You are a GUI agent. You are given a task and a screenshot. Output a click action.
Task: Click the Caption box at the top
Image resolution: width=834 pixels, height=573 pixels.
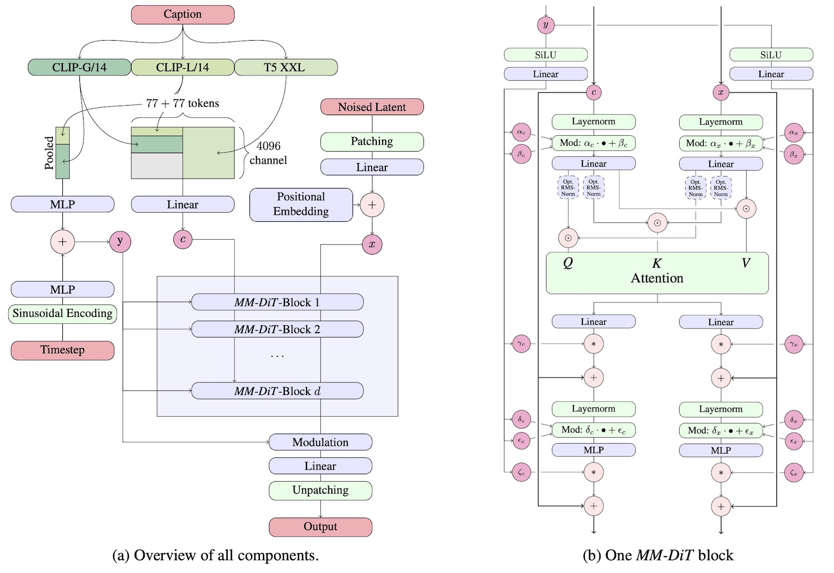click(x=182, y=14)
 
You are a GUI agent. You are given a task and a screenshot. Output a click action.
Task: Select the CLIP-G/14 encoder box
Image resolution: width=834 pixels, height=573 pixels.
click(x=79, y=68)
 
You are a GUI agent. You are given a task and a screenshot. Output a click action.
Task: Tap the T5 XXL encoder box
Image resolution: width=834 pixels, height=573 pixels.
click(x=286, y=68)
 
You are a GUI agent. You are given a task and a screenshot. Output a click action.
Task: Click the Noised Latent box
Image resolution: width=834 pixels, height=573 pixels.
click(x=372, y=107)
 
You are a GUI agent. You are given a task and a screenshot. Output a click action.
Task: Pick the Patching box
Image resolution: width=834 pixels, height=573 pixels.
click(x=372, y=142)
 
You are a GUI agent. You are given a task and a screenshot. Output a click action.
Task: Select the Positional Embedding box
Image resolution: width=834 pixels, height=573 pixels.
click(x=301, y=205)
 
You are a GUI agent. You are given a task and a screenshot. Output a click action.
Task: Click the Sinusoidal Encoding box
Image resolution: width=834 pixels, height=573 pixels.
click(x=62, y=313)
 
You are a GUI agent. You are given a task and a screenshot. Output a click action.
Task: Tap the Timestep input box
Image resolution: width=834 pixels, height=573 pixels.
click(x=62, y=350)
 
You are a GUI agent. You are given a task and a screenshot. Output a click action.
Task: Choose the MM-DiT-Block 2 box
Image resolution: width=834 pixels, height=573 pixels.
click(x=277, y=330)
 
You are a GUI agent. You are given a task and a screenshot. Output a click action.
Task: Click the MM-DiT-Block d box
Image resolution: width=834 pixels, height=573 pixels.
click(x=277, y=391)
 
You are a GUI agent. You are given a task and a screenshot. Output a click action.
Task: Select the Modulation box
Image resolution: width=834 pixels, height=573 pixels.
click(x=320, y=442)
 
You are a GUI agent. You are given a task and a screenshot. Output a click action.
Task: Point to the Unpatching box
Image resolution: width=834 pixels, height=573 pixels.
click(x=320, y=491)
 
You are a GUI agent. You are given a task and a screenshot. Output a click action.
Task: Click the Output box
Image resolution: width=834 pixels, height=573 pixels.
click(x=320, y=527)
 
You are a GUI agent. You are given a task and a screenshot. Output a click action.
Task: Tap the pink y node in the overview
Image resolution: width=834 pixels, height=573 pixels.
click(x=120, y=242)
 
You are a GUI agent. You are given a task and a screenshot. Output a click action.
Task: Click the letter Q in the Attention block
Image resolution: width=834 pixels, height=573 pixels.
click(x=568, y=263)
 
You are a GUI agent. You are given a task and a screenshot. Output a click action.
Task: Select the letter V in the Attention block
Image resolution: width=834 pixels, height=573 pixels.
click(x=746, y=263)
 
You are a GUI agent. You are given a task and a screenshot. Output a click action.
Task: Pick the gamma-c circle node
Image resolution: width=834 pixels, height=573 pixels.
click(x=521, y=344)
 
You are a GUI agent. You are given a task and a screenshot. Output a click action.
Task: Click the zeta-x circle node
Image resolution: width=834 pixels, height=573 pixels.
click(x=794, y=473)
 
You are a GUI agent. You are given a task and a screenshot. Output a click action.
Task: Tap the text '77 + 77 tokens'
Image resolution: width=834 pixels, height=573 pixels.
click(x=182, y=103)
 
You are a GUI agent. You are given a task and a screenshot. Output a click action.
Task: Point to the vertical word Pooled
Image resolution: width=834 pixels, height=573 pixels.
click(x=49, y=153)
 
